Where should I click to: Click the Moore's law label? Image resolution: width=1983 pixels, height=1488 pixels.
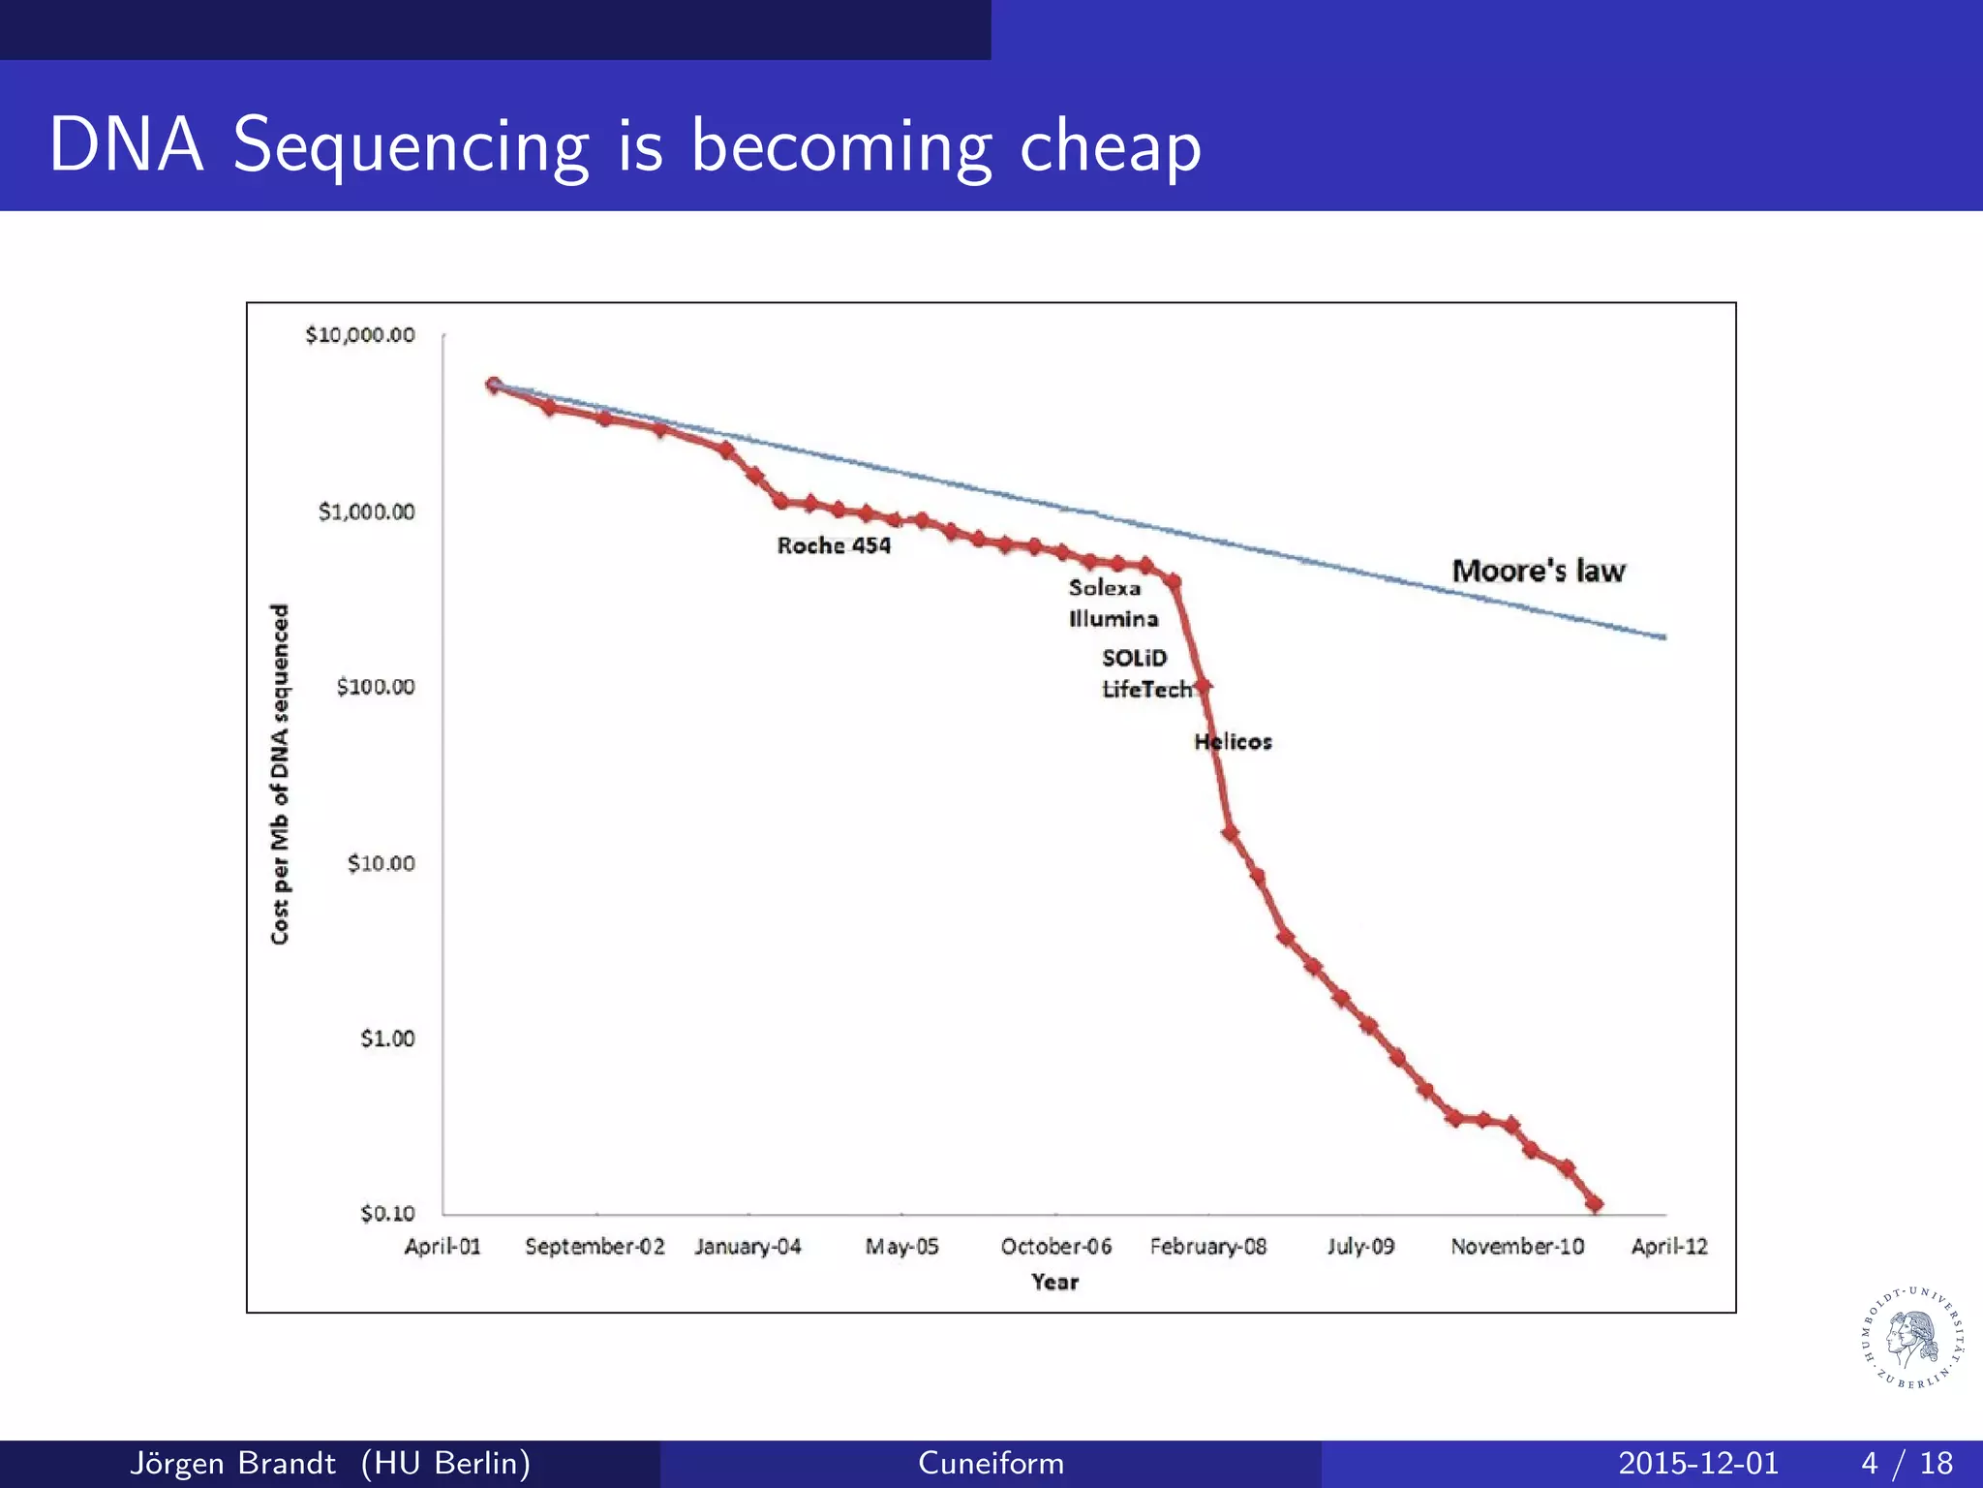pos(1538,571)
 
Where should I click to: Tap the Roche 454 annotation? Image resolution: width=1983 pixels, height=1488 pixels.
pos(834,545)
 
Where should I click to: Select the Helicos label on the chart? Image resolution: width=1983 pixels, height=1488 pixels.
pos(1233,742)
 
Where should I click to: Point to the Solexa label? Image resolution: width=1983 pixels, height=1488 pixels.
pos(1105,588)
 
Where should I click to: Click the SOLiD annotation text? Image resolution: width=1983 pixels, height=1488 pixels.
pos(1135,658)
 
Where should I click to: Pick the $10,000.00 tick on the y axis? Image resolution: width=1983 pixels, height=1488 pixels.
pos(360,335)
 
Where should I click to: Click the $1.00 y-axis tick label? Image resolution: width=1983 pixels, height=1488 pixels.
pos(387,1038)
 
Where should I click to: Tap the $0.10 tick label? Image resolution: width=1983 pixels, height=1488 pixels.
pos(387,1214)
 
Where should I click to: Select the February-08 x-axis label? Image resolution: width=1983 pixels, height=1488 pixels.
pos(1207,1247)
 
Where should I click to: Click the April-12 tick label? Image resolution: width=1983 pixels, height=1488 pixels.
pos(1669,1247)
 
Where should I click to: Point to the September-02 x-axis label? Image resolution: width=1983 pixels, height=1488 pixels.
pos(595,1247)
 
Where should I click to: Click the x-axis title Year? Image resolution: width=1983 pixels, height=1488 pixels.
pos(1054,1283)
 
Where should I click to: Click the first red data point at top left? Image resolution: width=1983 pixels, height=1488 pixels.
pos(494,386)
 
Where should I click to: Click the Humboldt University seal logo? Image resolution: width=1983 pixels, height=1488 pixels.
pos(1912,1338)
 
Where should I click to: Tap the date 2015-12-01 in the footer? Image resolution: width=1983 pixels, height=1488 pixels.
pos(1698,1463)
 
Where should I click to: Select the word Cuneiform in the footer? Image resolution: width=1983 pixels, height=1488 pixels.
pos(991,1463)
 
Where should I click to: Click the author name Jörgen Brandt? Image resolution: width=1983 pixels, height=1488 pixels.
pos(232,1463)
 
